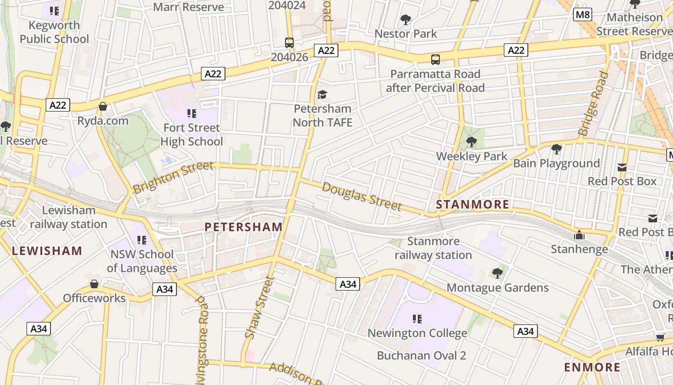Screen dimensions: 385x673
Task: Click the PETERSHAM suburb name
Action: [244, 227]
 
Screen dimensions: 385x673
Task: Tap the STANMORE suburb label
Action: [473, 205]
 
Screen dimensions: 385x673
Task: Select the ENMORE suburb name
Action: [592, 367]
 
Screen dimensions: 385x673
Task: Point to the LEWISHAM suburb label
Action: [47, 251]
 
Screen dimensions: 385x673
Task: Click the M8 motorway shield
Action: [583, 14]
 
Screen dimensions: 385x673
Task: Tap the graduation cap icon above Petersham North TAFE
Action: [322, 94]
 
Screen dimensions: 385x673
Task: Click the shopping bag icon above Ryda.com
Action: [102, 106]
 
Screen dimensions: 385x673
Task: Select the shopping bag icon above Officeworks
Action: [94, 284]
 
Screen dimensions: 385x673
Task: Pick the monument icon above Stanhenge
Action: [579, 235]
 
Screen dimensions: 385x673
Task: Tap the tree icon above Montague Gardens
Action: [498, 273]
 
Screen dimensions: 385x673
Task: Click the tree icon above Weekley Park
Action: [472, 142]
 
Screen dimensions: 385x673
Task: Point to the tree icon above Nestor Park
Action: [406, 20]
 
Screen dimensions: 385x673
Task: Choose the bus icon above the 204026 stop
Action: [289, 42]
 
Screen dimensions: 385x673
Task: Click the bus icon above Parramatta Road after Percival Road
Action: [435, 60]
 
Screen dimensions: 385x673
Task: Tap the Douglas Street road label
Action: [361, 196]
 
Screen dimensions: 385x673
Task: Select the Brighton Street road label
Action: [173, 177]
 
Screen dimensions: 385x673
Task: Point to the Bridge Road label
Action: [593, 103]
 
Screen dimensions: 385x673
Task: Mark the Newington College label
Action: [417, 333]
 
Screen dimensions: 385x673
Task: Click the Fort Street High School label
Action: [191, 134]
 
